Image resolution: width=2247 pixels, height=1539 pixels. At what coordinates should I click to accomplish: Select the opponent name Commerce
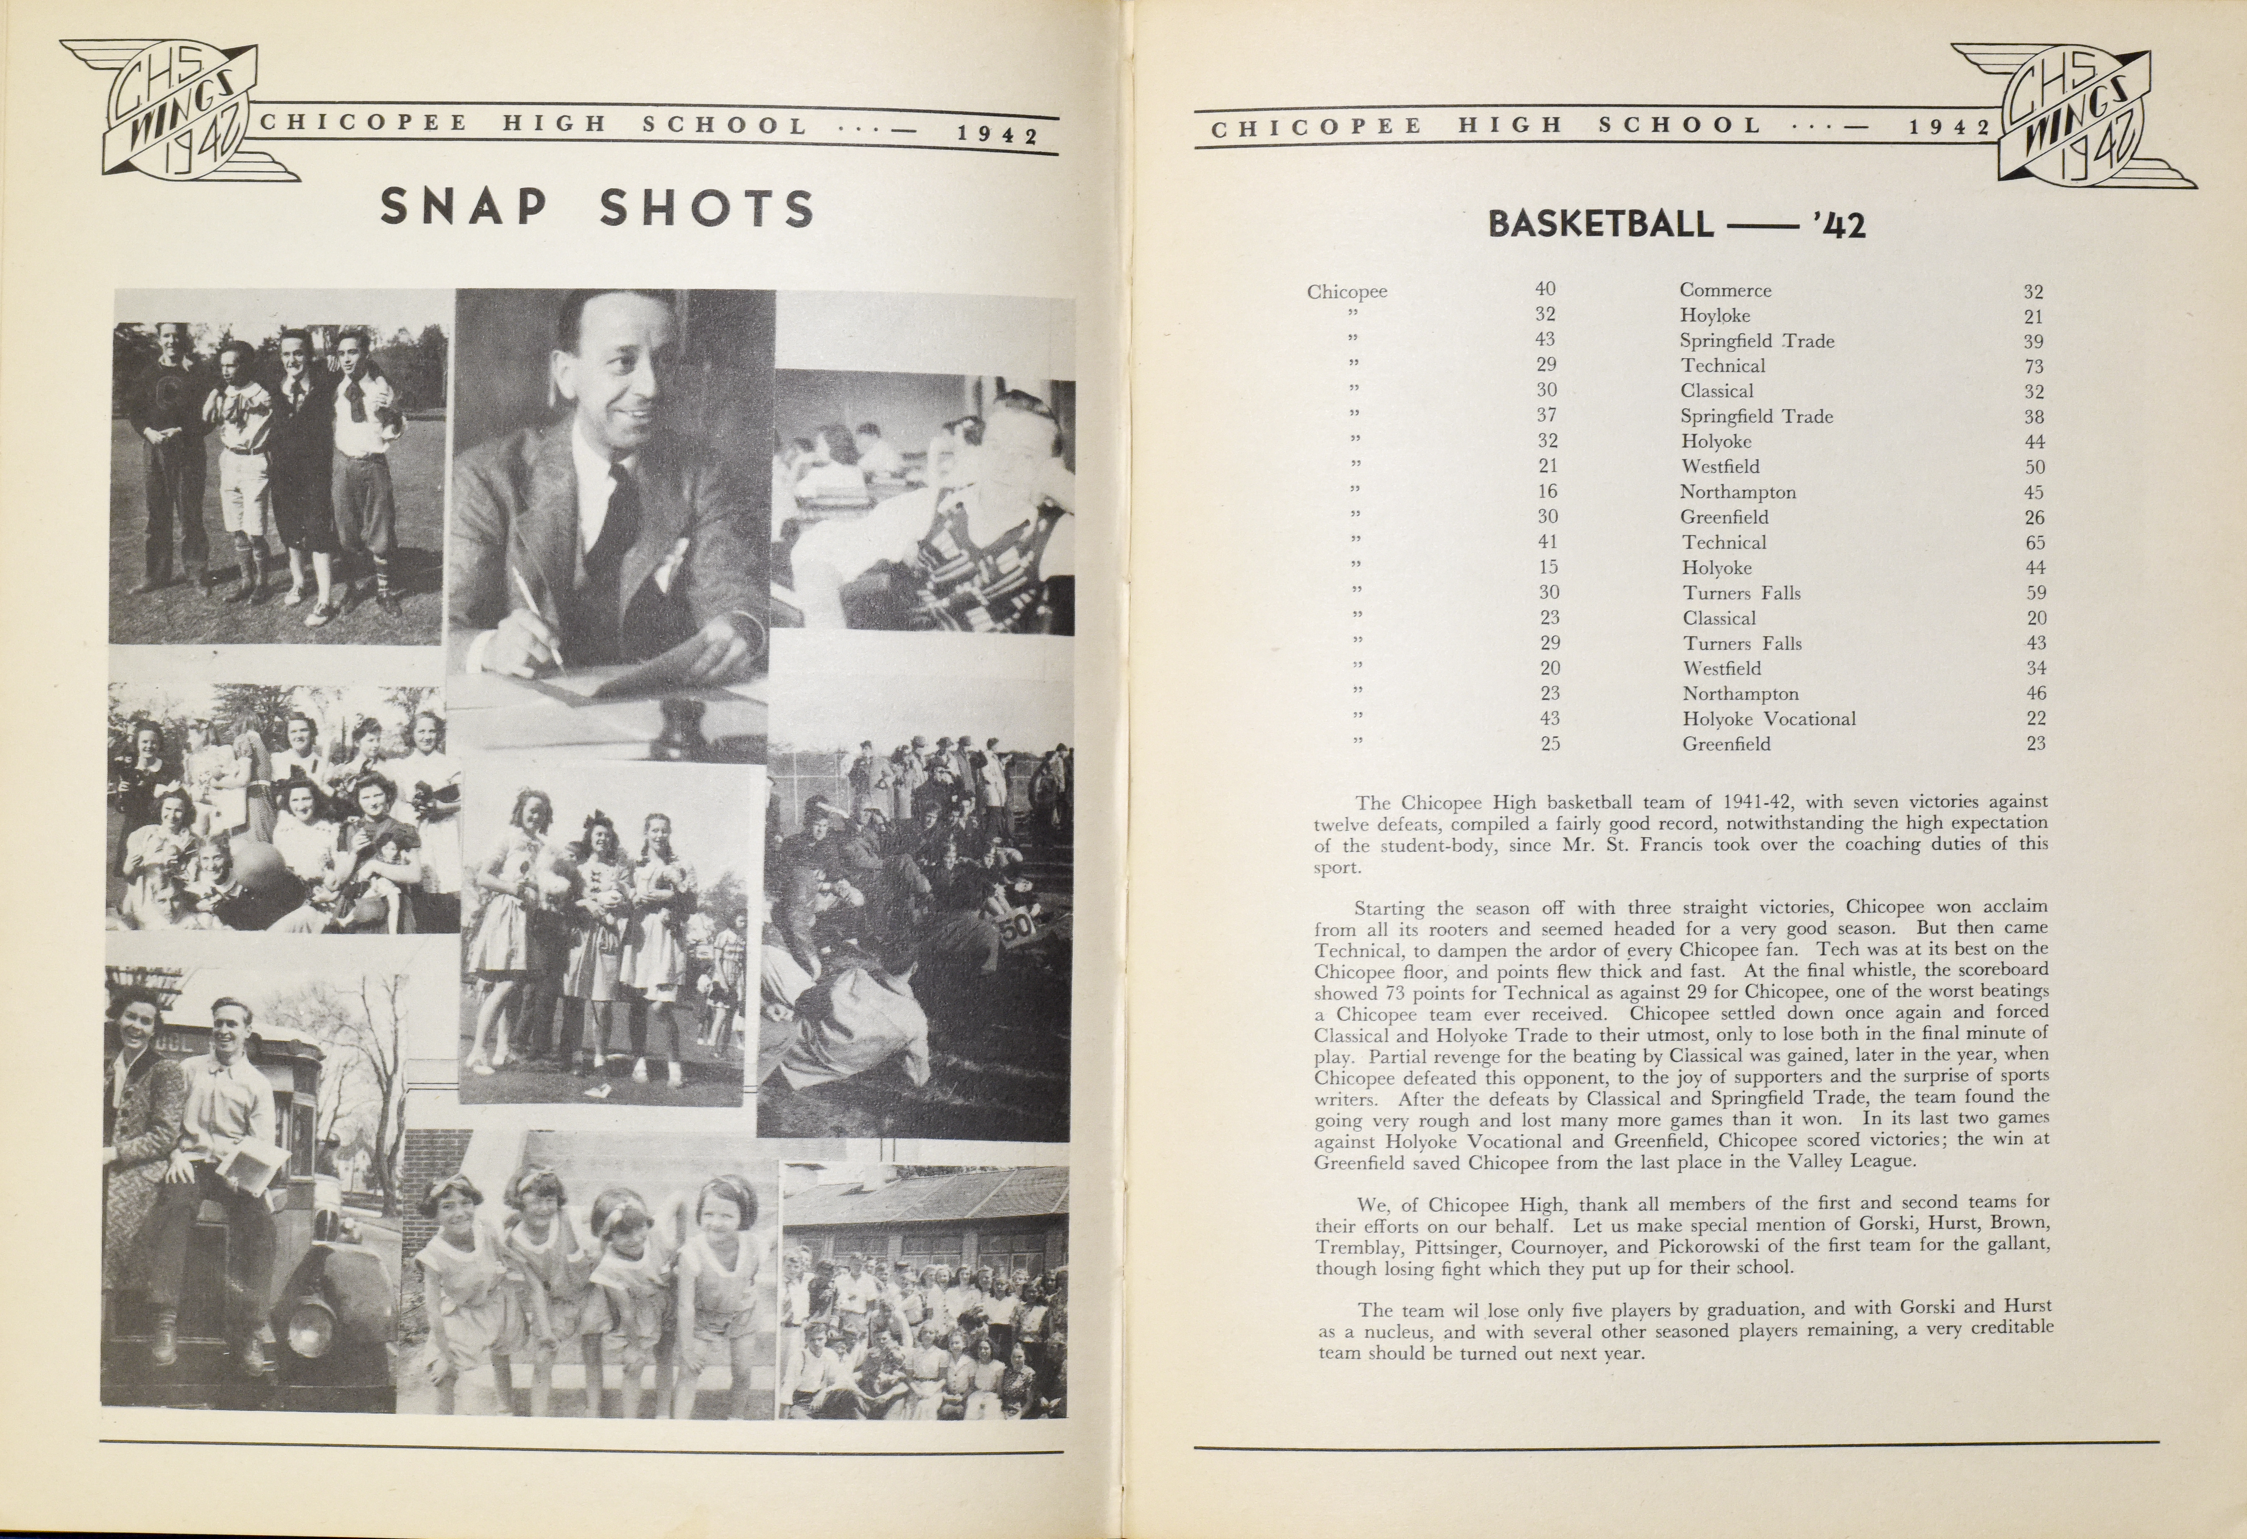point(1725,290)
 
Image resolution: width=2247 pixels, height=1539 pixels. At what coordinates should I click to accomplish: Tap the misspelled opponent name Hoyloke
point(1714,315)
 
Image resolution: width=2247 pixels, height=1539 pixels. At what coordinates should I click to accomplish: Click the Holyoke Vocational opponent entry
point(1768,718)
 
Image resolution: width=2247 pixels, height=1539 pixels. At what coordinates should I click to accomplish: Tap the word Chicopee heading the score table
point(1347,291)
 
